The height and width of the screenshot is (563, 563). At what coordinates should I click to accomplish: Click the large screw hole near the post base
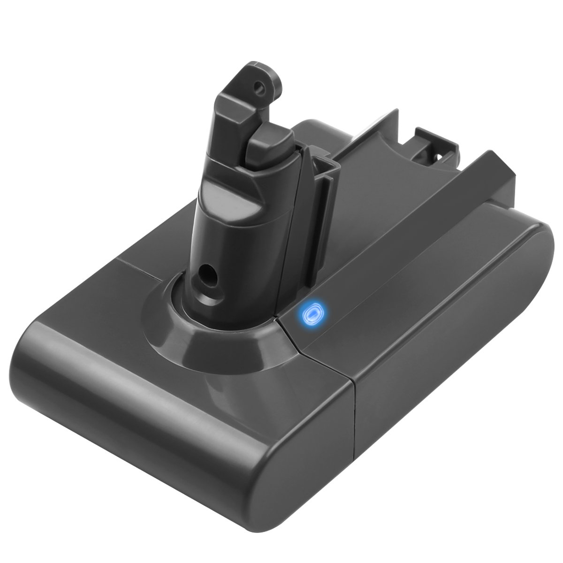click(x=205, y=272)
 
